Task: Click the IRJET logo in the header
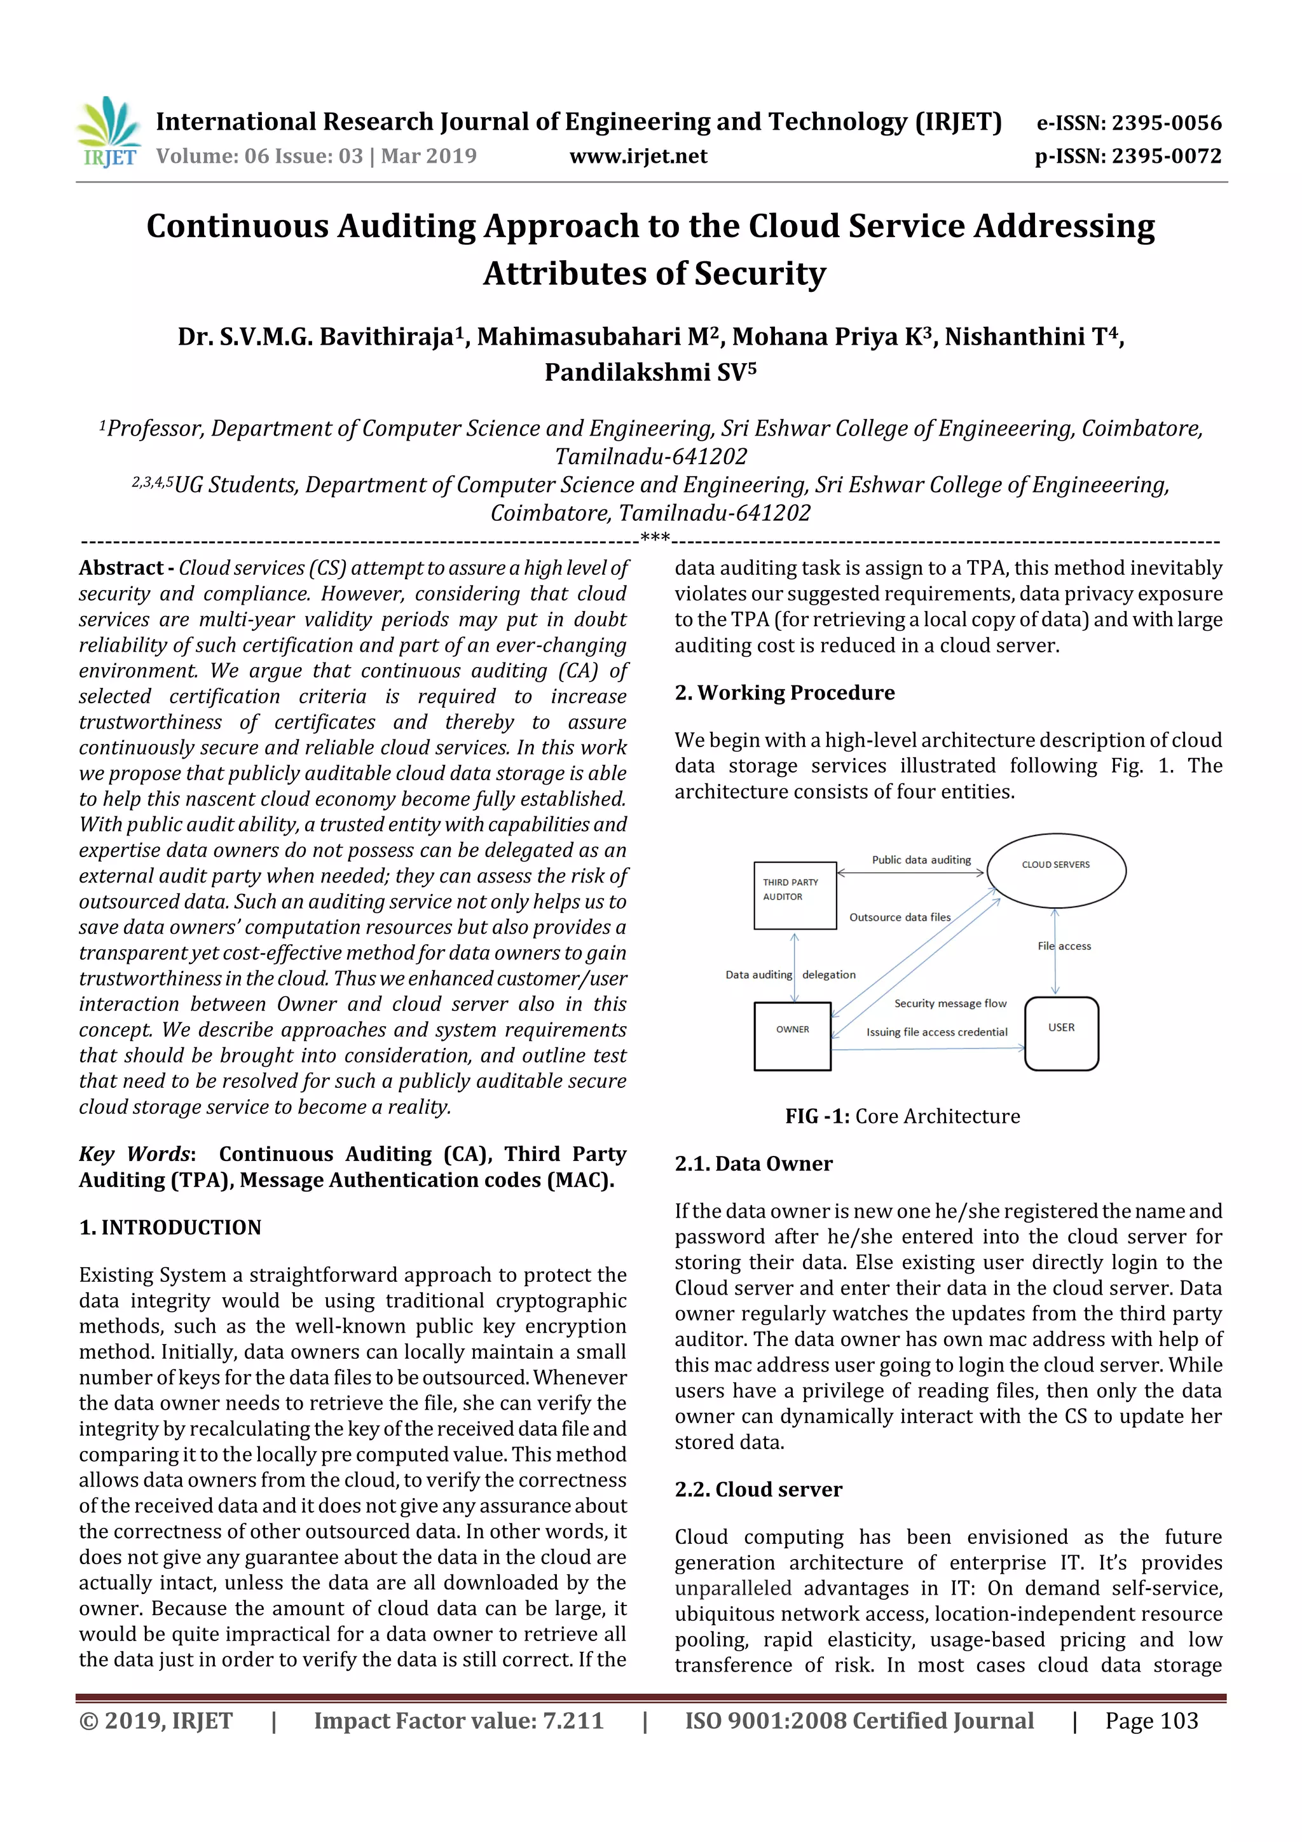pos(108,132)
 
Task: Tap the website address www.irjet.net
pos(638,156)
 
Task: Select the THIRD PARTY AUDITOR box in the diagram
pos(794,895)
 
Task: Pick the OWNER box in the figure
pos(791,1036)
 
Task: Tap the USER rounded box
pos(1060,1033)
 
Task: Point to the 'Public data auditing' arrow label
pos(921,859)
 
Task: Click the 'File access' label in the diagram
pos(1064,946)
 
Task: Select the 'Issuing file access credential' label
pos(936,1032)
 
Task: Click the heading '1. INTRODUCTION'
pos(170,1227)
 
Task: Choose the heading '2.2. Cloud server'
pos(758,1489)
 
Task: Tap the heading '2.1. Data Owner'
pos(753,1164)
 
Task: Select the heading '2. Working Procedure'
pos(784,692)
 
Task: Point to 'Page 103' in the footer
pos(1151,1720)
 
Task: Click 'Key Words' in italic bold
pos(134,1153)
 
